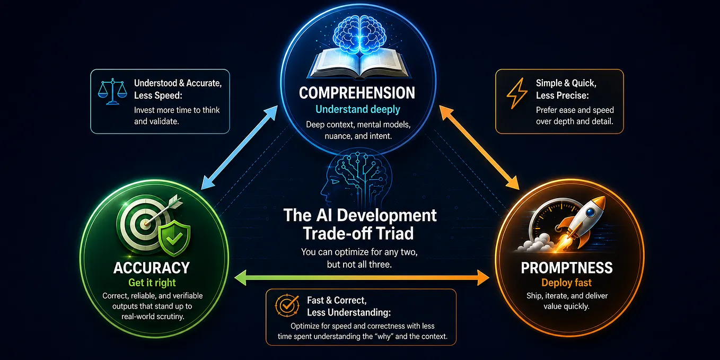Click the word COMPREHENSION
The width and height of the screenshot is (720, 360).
pyautogui.click(x=357, y=93)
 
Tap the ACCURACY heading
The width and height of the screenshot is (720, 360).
pyautogui.click(x=152, y=268)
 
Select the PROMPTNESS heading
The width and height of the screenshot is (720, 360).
pyautogui.click(x=567, y=268)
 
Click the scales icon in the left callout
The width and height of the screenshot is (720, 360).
pyautogui.click(x=112, y=91)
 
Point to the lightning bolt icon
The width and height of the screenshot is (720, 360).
pyautogui.click(x=516, y=93)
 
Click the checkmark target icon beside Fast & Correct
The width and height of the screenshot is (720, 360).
pyautogui.click(x=287, y=305)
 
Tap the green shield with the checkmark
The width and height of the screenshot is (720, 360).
pyautogui.click(x=174, y=238)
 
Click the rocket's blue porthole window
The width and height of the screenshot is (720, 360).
pyautogui.click(x=590, y=212)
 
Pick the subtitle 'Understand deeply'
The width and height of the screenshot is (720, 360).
pyautogui.click(x=358, y=109)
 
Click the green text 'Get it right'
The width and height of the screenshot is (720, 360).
pyautogui.click(x=152, y=283)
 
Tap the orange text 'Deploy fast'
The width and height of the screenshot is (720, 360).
pyautogui.click(x=566, y=283)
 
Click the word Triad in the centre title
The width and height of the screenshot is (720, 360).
pyautogui.click(x=395, y=233)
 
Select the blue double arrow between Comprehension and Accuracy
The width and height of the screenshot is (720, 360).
pyautogui.click(x=239, y=147)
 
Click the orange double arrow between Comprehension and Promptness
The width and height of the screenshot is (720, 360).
pyautogui.click(x=479, y=147)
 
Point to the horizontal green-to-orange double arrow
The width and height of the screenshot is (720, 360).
pyautogui.click(x=362, y=278)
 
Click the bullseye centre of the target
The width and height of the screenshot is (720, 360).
pyautogui.click(x=146, y=223)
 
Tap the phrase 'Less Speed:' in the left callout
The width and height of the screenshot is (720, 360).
pyautogui.click(x=158, y=95)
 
